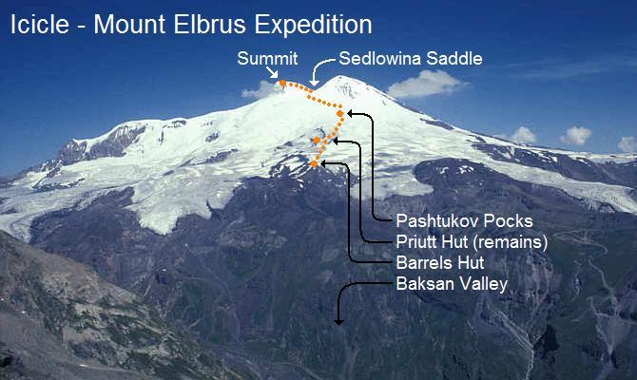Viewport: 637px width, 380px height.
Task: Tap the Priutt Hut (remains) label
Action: coord(472,242)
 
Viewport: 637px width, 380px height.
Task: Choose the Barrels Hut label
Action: coord(440,263)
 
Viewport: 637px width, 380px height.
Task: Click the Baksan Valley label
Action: coord(452,284)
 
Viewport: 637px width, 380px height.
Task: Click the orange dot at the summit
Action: coord(282,84)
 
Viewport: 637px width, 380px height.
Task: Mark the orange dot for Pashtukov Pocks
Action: coord(339,114)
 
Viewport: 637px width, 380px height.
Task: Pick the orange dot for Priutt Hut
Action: coord(317,142)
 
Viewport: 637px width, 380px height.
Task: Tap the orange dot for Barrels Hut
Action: coord(314,164)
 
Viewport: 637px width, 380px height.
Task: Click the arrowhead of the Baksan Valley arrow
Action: coord(338,321)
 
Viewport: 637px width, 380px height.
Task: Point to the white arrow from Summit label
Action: coord(273,72)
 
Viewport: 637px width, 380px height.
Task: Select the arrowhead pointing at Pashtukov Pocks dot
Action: coord(351,113)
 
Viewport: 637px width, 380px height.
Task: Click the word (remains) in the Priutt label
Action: coord(514,242)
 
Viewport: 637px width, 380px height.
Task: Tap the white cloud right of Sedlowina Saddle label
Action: coord(423,85)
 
